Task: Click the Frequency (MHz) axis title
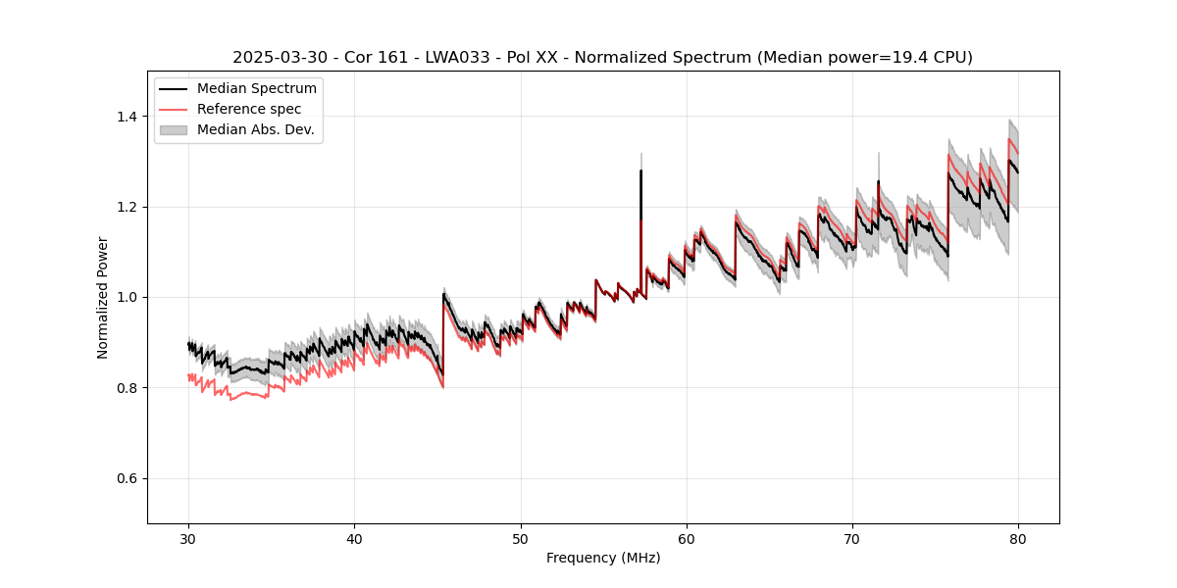pyautogui.click(x=603, y=558)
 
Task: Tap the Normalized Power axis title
pyautogui.click(x=103, y=297)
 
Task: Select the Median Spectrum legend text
pyautogui.click(x=256, y=89)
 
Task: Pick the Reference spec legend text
pyautogui.click(x=249, y=109)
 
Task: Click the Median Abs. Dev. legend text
pyautogui.click(x=255, y=129)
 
